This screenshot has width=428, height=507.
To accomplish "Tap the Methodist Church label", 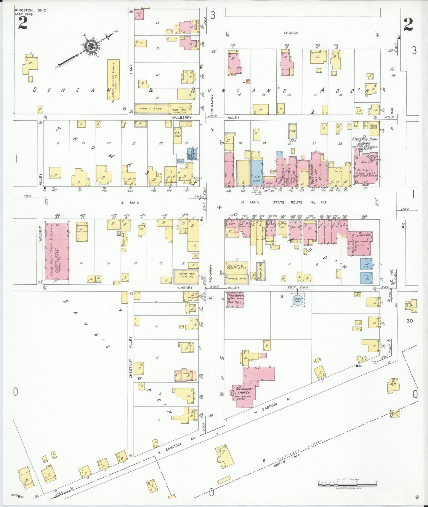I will (244, 390).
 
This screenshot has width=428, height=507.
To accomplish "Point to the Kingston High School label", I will (364, 141).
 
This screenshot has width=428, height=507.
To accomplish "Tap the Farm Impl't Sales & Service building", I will (57, 251).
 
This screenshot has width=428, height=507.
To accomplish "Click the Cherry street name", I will (185, 288).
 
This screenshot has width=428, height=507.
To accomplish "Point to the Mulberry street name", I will (182, 117).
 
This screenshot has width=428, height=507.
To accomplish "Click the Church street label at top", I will (291, 33).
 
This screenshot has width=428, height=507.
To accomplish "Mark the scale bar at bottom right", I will (347, 484).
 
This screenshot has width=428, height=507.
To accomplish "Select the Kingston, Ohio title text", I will (31, 10).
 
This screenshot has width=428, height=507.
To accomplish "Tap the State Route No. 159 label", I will (300, 203).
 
